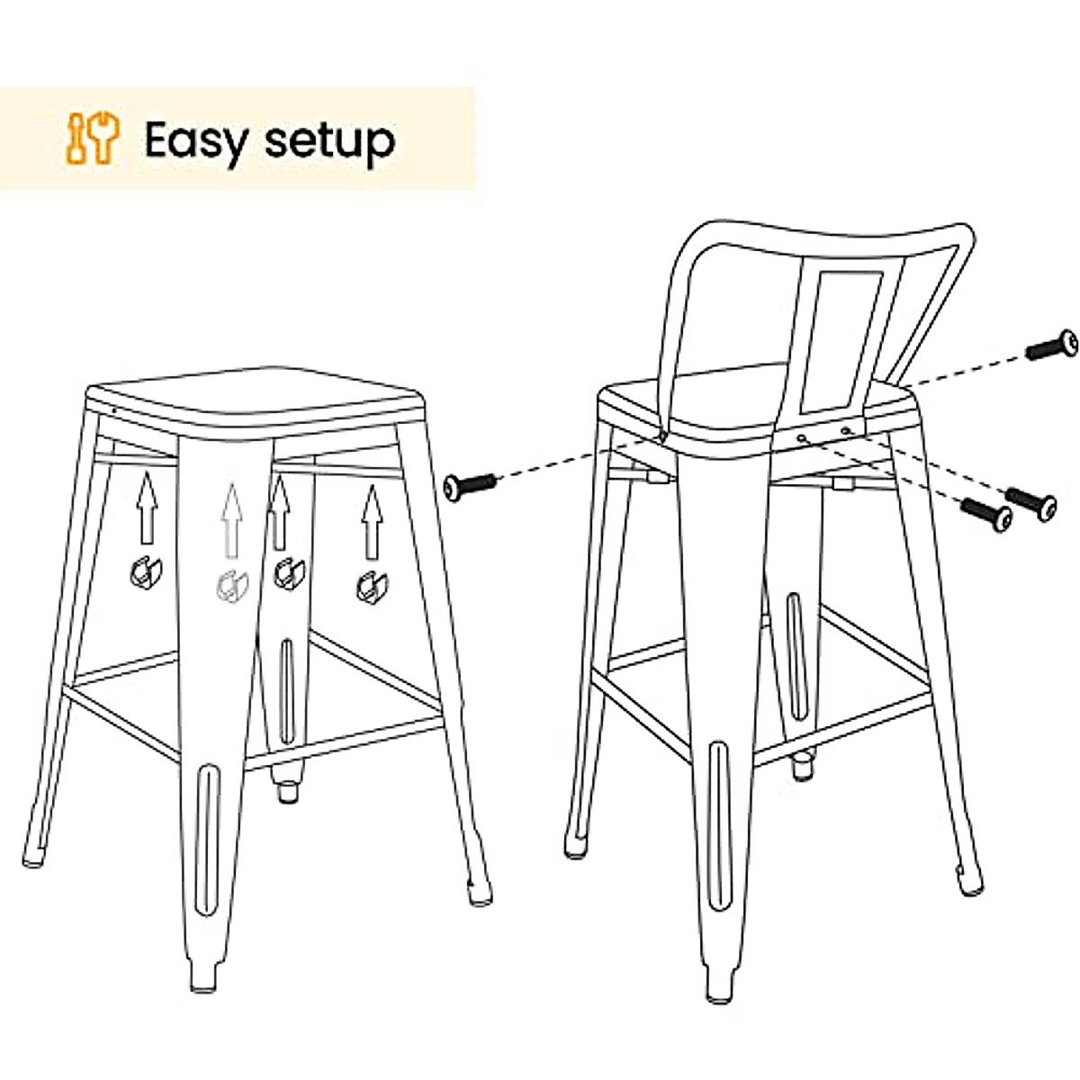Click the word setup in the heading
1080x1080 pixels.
point(330,141)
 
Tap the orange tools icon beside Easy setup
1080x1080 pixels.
point(93,138)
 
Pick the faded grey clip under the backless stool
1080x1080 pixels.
point(229,586)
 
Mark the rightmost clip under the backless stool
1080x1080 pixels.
point(367,586)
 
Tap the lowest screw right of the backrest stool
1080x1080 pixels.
point(987,514)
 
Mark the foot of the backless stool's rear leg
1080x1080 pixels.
point(288,793)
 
